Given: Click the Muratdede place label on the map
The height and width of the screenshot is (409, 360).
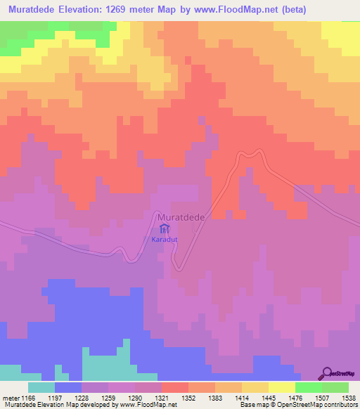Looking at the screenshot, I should (181, 218).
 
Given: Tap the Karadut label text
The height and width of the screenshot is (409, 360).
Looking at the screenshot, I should (163, 240).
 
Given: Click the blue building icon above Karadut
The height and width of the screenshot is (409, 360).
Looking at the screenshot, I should (164, 229).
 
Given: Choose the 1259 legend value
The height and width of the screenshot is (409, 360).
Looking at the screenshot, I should (121, 398).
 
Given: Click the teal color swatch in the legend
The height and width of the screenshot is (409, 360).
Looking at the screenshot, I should (41, 387).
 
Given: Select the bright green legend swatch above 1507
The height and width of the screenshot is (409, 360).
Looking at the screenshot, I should (309, 387).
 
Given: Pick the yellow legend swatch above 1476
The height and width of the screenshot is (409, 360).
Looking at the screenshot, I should (282, 387).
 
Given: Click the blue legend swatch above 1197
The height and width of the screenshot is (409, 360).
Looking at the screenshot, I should (68, 387).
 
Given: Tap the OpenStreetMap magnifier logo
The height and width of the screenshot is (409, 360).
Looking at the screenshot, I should (328, 373).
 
